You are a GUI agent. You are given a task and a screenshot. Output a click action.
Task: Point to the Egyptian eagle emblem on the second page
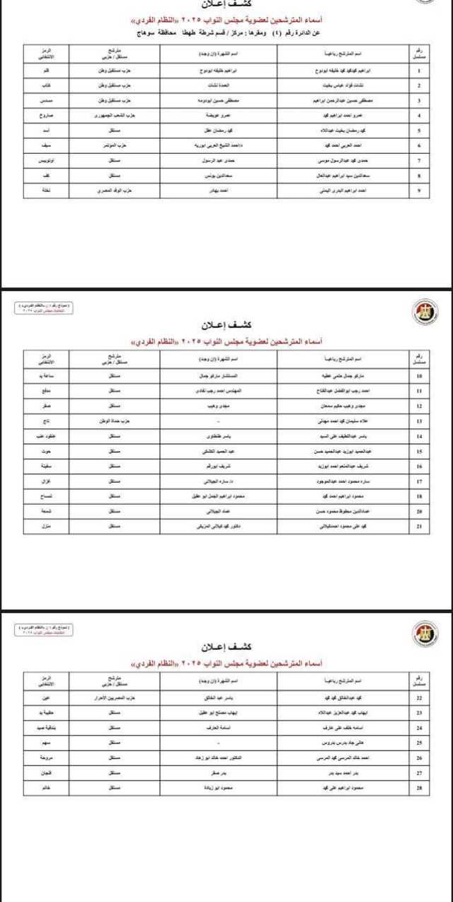click(x=425, y=310)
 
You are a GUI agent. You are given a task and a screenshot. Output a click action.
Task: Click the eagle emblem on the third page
click(x=425, y=632)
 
